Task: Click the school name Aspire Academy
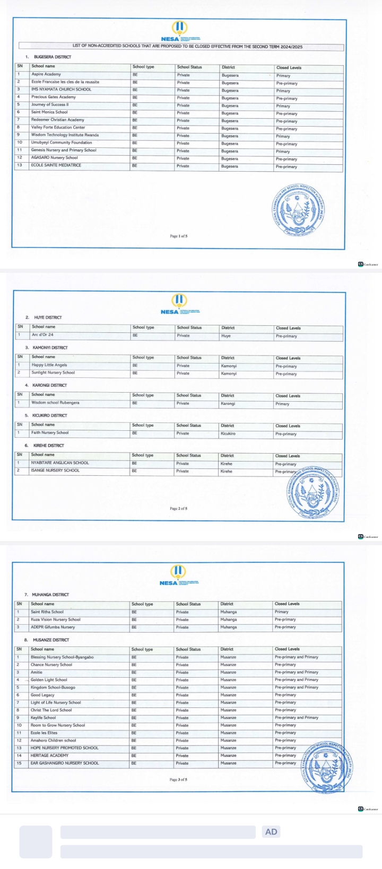point(46,74)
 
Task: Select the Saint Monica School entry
point(49,112)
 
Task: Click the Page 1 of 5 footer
point(178,236)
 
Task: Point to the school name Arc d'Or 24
point(42,335)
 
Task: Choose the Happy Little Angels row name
point(49,365)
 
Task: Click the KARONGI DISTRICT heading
point(50,385)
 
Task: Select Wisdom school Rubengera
point(55,403)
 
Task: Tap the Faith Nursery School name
point(50,433)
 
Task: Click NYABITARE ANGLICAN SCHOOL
point(60,463)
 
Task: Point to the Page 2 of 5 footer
point(178,509)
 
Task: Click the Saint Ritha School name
point(47,612)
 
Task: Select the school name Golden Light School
point(49,680)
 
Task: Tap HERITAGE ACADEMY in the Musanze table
point(49,756)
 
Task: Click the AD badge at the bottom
point(271,832)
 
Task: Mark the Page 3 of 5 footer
point(178,780)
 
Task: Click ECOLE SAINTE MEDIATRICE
point(56,165)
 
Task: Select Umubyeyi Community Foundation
point(62,143)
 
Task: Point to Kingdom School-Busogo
point(53,687)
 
